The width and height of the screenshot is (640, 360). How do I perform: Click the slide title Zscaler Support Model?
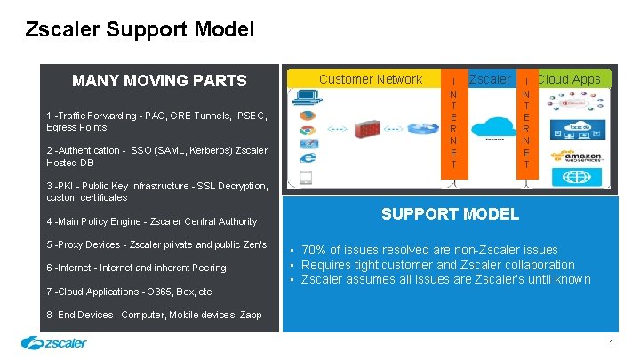140,29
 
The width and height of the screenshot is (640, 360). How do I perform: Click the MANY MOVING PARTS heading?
159,81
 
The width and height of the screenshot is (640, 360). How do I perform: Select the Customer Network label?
371,79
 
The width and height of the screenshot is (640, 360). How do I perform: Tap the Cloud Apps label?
569,79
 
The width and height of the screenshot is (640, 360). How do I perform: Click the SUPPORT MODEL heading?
450,214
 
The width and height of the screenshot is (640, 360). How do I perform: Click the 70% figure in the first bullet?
315,251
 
